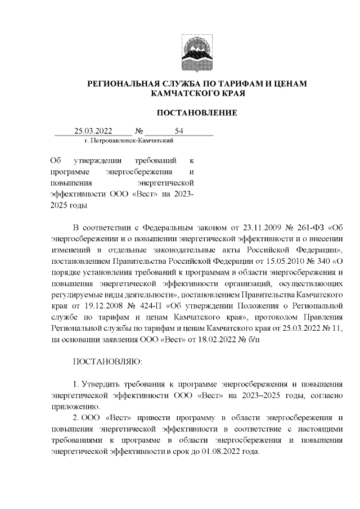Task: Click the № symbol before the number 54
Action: (139, 132)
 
